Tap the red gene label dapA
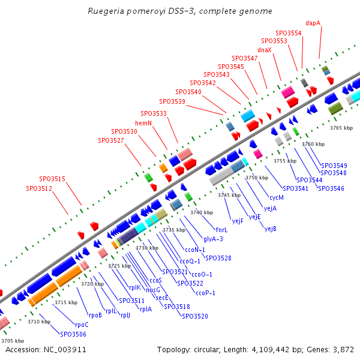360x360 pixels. click(313, 23)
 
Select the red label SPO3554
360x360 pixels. click(289, 33)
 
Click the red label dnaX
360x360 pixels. click(265, 50)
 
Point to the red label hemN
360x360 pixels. click(144, 123)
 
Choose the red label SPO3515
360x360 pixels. click(53, 179)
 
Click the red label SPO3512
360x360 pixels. click(39, 188)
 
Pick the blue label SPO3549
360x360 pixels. click(334, 166)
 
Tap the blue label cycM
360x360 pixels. click(277, 197)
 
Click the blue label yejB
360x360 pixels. click(270, 229)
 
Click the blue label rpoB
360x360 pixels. click(95, 314)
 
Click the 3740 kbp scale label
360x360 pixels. click(202, 212)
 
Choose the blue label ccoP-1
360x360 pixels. click(206, 293)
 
